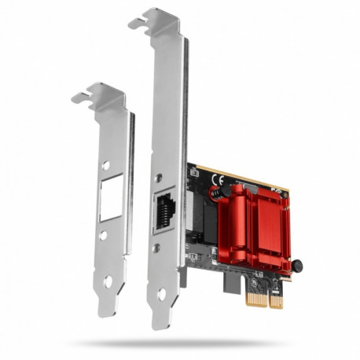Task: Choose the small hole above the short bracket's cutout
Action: point(106,165)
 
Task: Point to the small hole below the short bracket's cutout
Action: point(103,235)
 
